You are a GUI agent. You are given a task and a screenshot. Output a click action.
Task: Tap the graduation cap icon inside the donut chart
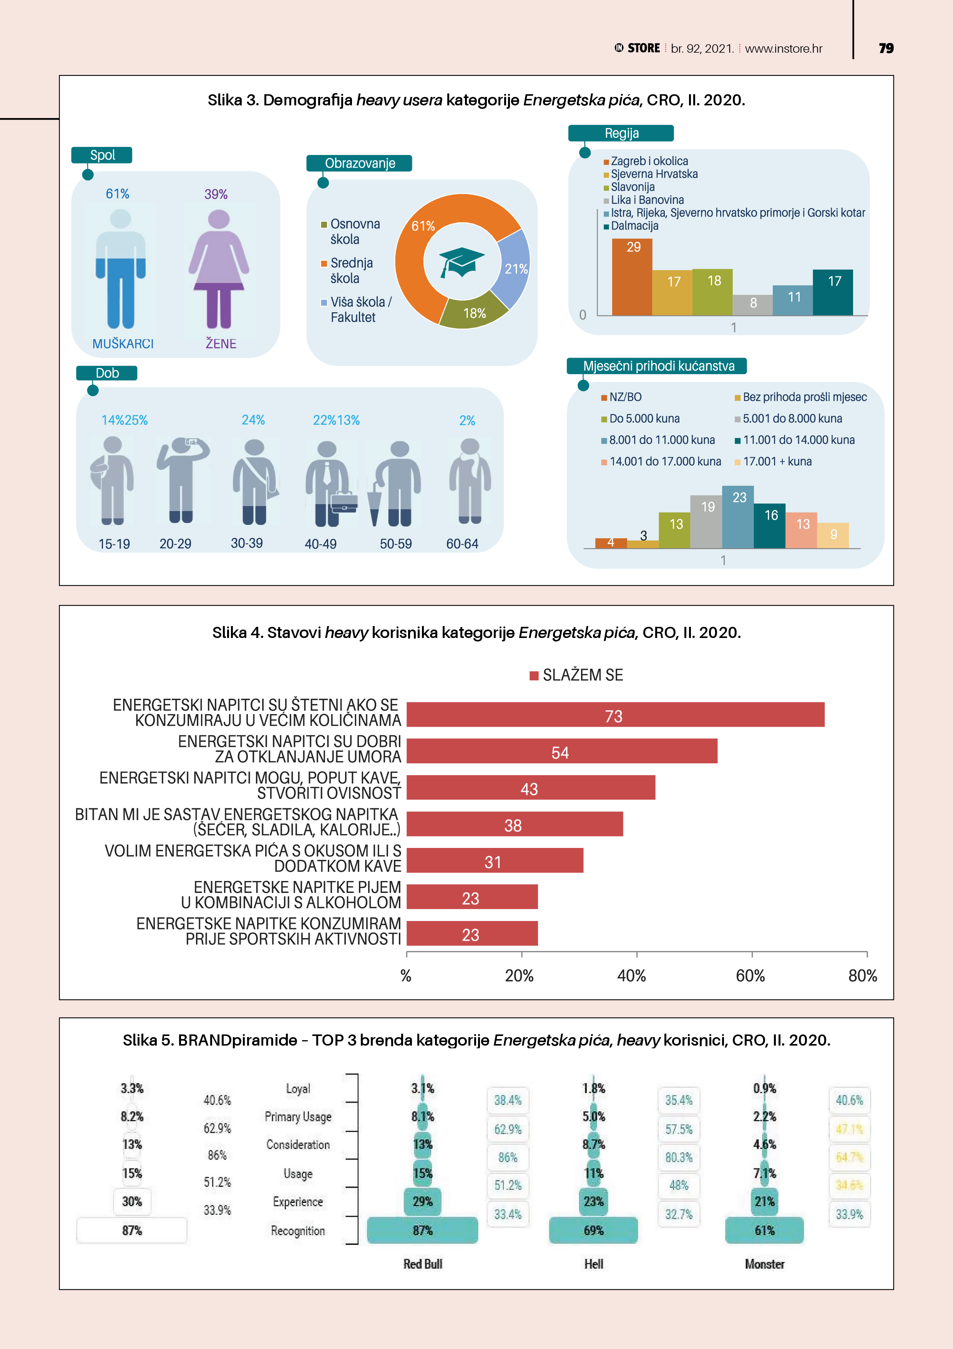point(462,262)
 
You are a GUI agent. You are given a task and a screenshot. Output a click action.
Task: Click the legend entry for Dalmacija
point(634,226)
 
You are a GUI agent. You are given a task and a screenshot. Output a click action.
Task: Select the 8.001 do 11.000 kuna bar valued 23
point(738,517)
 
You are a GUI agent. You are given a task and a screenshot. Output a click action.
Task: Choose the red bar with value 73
point(615,715)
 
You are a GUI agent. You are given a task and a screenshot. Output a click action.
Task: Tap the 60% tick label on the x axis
point(750,976)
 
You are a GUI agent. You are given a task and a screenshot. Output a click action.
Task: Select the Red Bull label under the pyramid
point(423,1264)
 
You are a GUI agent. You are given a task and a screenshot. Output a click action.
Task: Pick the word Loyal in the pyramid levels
point(298,1089)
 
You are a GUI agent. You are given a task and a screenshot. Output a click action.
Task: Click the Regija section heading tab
point(621,133)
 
